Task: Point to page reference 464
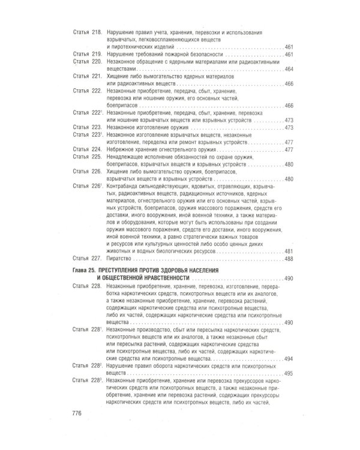tap(289, 69)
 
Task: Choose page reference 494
tap(289, 359)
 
